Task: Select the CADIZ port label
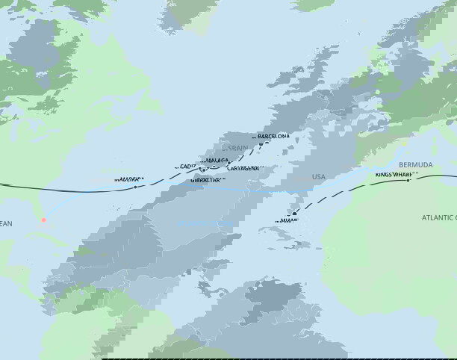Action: pos(188,166)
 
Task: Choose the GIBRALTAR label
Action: pos(208,180)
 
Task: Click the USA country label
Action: pos(319,177)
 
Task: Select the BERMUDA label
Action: pos(415,164)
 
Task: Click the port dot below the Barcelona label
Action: pos(261,143)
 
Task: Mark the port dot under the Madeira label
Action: pos(135,187)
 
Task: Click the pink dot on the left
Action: pos(43,220)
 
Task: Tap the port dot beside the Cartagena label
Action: pos(228,164)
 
